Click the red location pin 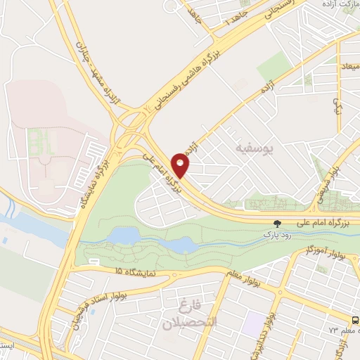coord(181,166)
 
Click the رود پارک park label coord(276,231)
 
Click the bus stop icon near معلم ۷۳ coord(355,318)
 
